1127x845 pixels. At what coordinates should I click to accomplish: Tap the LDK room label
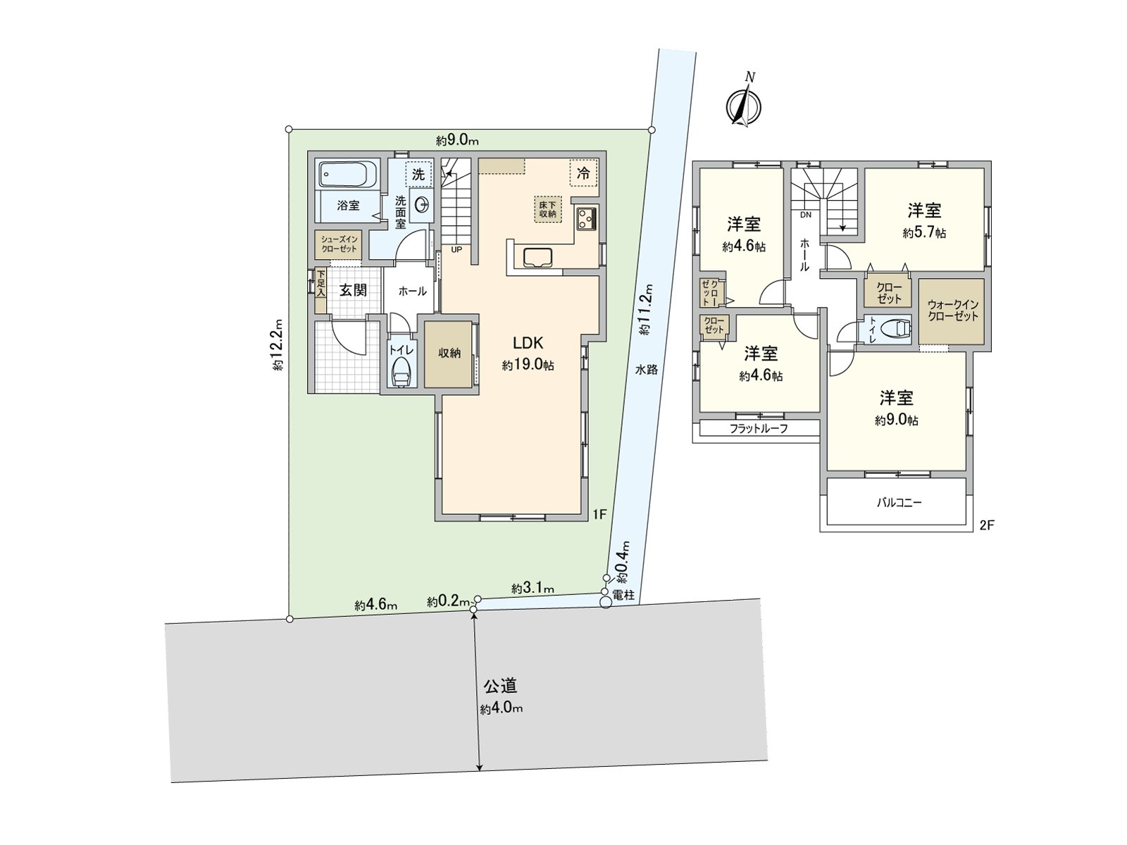(x=528, y=343)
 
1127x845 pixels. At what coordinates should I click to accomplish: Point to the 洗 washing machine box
(x=418, y=174)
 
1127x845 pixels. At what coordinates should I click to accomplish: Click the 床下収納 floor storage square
(x=547, y=208)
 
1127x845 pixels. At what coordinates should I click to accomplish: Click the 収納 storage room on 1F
(x=449, y=353)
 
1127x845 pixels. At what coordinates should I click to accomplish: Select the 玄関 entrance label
(x=353, y=290)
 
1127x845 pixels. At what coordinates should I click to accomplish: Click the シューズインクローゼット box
(x=339, y=244)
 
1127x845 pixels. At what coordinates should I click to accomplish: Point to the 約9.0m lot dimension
(x=457, y=140)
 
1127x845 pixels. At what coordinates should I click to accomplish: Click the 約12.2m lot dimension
(x=278, y=344)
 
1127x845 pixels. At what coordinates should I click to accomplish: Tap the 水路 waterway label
(x=646, y=369)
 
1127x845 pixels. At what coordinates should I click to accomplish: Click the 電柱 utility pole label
(x=623, y=595)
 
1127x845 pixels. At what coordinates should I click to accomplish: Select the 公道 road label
(x=501, y=684)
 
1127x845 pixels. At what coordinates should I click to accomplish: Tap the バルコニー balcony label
(x=899, y=503)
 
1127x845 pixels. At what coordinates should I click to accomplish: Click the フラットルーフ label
(x=759, y=428)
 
